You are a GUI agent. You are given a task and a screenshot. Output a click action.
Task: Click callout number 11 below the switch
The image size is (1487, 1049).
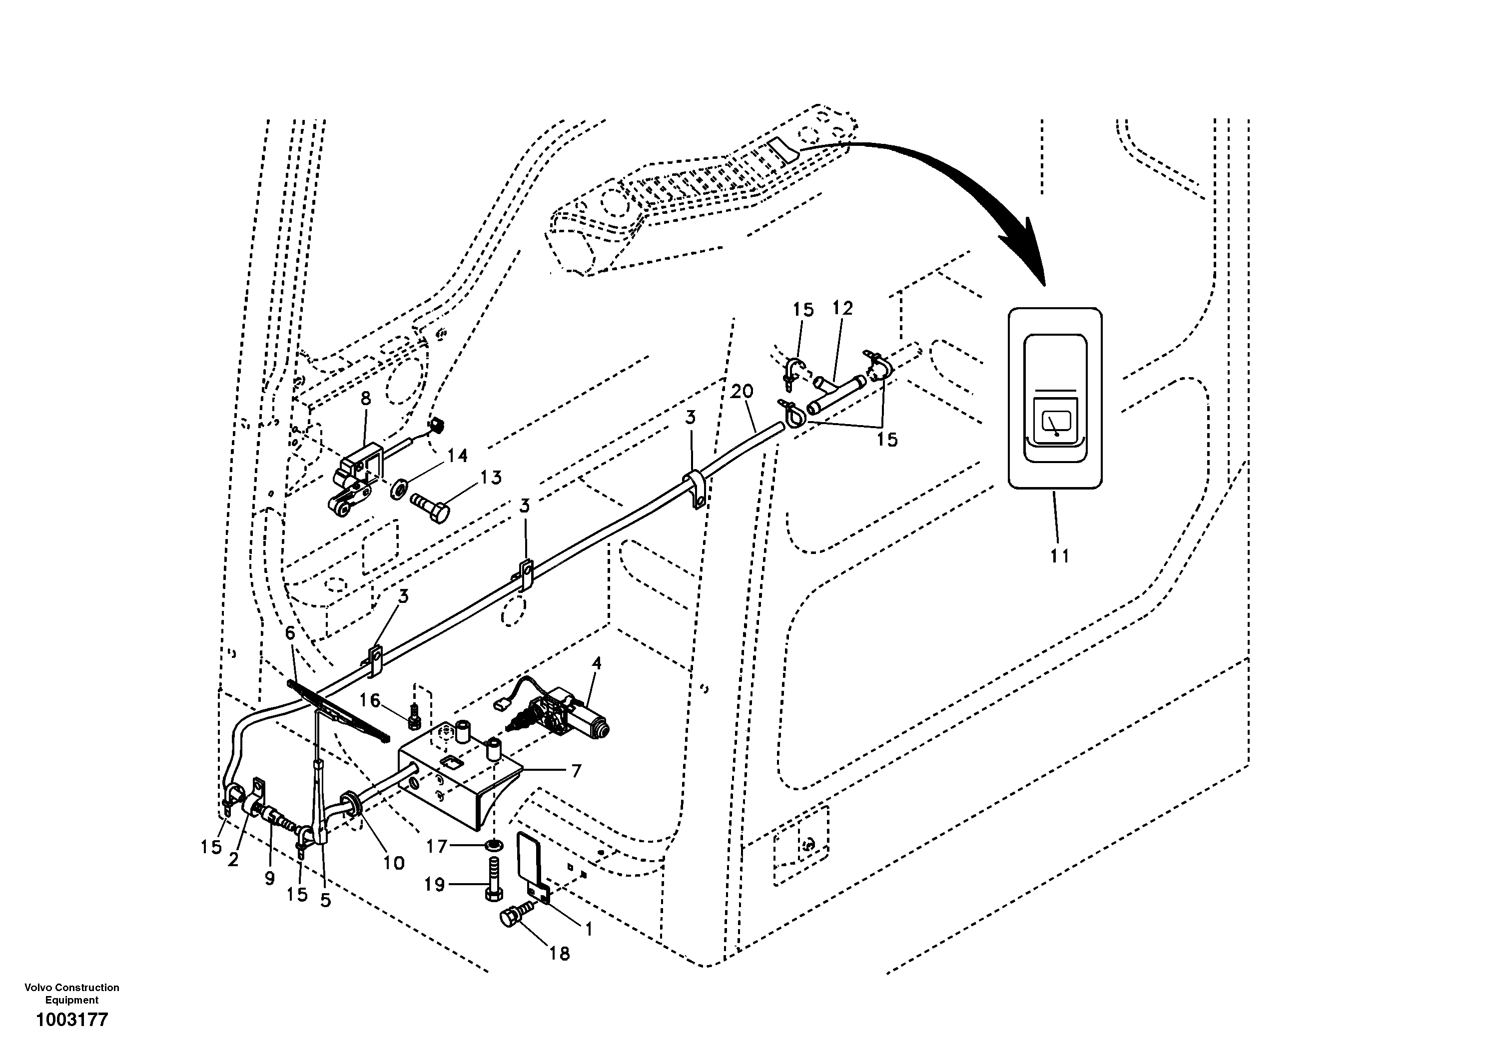(1060, 555)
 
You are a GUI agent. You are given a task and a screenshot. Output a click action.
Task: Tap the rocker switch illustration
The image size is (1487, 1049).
(1055, 398)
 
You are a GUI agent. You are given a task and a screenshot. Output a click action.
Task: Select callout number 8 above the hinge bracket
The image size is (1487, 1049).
(366, 399)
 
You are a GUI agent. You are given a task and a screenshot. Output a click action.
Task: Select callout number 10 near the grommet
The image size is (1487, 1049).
(394, 863)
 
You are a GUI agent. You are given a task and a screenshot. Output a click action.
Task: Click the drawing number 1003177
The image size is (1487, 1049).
(72, 1020)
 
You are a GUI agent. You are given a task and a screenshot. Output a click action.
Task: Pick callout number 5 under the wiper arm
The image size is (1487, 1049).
(325, 900)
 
